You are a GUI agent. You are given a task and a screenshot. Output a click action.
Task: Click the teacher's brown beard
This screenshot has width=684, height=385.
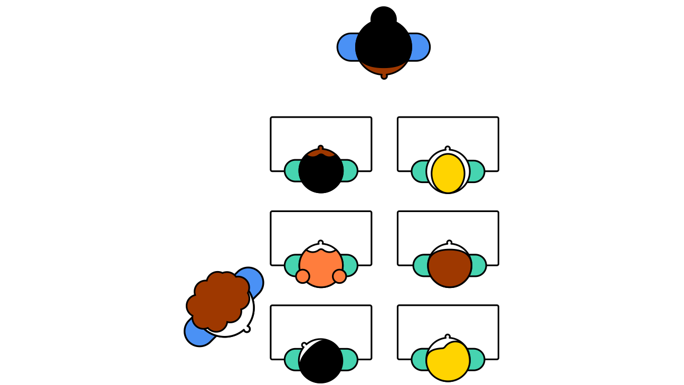384,68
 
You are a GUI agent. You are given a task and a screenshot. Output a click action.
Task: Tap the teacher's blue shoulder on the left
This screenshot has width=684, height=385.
347,47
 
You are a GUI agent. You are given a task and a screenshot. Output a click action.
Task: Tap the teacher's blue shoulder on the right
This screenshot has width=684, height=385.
420,47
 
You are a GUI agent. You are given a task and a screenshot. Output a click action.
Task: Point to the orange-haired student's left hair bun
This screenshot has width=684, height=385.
302,276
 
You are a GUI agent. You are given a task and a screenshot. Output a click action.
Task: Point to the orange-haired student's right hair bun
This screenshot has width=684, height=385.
339,276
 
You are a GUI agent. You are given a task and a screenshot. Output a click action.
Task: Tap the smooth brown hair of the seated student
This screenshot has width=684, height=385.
450,267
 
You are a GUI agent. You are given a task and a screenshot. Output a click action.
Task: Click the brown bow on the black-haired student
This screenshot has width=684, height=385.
320,152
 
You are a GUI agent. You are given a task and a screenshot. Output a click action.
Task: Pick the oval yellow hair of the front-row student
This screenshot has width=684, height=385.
448,173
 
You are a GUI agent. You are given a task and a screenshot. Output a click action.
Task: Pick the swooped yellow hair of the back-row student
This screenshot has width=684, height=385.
448,361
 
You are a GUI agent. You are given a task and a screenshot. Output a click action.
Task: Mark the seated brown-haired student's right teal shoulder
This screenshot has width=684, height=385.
478,265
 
